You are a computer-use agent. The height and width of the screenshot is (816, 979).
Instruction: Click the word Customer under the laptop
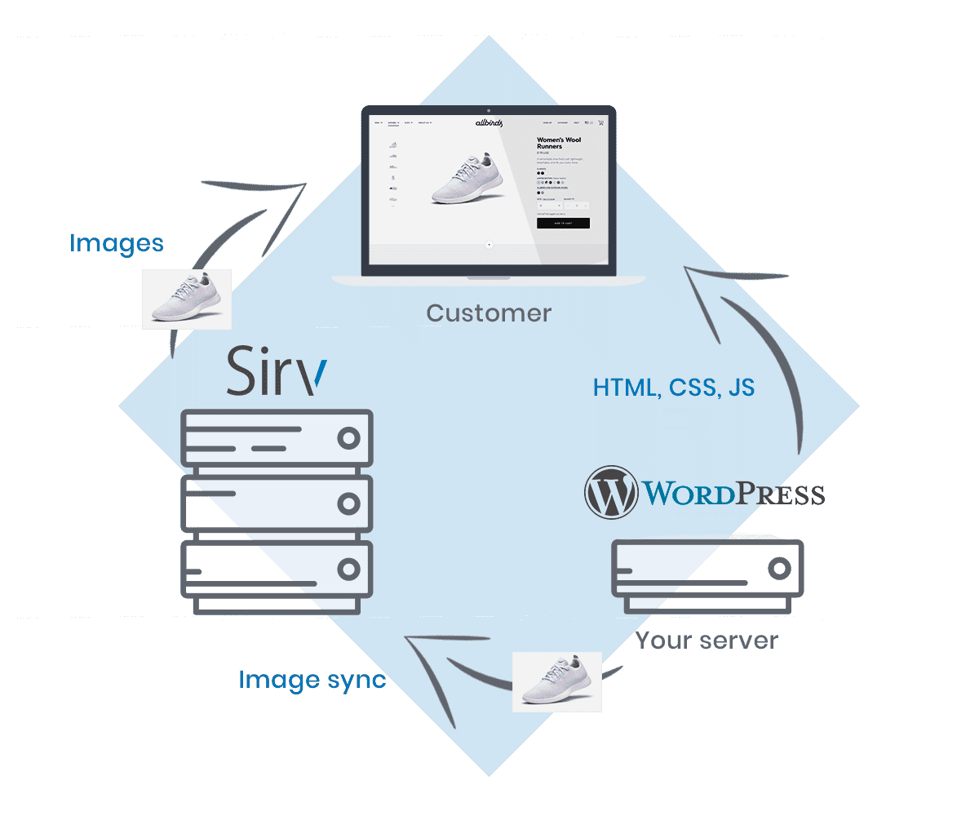[x=489, y=313]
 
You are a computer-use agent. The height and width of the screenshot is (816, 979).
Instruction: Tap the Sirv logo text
[x=276, y=371]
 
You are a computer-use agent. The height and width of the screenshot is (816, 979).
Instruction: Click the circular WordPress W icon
[x=611, y=491]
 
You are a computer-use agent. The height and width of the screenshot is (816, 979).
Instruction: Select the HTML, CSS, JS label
[x=674, y=387]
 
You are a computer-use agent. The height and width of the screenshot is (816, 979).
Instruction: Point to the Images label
[x=117, y=243]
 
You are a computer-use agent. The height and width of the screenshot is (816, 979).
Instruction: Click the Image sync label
[x=312, y=680]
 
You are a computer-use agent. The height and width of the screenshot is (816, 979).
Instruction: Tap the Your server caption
[x=707, y=641]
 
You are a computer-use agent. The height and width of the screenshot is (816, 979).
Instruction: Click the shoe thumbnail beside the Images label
[x=187, y=299]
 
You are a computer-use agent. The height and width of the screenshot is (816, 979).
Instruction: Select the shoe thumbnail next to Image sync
[x=557, y=681]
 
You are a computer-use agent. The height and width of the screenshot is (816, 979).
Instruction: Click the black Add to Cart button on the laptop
[x=563, y=223]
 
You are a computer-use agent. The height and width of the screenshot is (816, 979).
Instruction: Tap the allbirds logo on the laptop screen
[x=489, y=123]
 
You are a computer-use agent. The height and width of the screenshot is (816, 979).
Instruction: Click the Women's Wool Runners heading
[x=559, y=143]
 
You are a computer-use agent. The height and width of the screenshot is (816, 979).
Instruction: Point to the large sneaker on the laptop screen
[x=462, y=180]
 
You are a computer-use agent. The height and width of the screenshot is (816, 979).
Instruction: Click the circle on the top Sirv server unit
[x=349, y=438]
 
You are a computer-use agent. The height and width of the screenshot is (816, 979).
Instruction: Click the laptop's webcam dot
[x=489, y=109]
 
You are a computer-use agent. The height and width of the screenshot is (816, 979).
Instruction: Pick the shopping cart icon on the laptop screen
[x=601, y=122]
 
